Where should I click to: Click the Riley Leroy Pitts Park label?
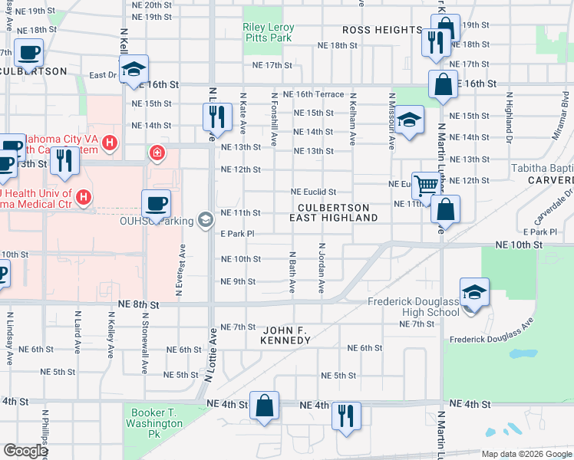[x=268, y=32]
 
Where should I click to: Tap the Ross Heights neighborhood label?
[x=381, y=30]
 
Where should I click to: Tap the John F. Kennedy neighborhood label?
[x=285, y=335]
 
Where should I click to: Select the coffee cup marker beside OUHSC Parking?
[x=156, y=204]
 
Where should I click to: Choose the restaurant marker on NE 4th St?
[x=346, y=416]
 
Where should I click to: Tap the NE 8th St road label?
[x=139, y=304]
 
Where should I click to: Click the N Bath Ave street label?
[x=292, y=271]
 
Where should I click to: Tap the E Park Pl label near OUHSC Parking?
[x=237, y=234]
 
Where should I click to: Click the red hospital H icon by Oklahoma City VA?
[x=111, y=143]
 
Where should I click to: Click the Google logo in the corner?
[x=25, y=451]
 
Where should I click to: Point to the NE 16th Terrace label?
[x=313, y=94]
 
